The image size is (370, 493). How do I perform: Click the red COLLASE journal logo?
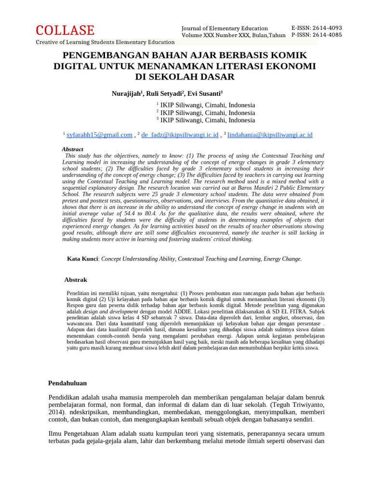(65, 30)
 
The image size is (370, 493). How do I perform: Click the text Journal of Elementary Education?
(225, 28)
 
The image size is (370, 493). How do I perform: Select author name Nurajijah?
(126, 93)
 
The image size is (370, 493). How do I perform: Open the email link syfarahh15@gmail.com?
(99, 135)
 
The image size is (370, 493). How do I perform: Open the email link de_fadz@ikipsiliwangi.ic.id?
(180, 135)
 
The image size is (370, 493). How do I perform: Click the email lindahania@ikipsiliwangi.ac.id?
(270, 135)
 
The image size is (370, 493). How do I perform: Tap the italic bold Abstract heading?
(72, 149)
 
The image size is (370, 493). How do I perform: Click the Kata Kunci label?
(82, 259)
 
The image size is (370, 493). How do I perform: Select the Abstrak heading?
(76, 280)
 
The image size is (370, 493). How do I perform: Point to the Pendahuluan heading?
(67, 383)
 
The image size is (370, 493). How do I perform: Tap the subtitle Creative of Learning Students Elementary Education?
(105, 42)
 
